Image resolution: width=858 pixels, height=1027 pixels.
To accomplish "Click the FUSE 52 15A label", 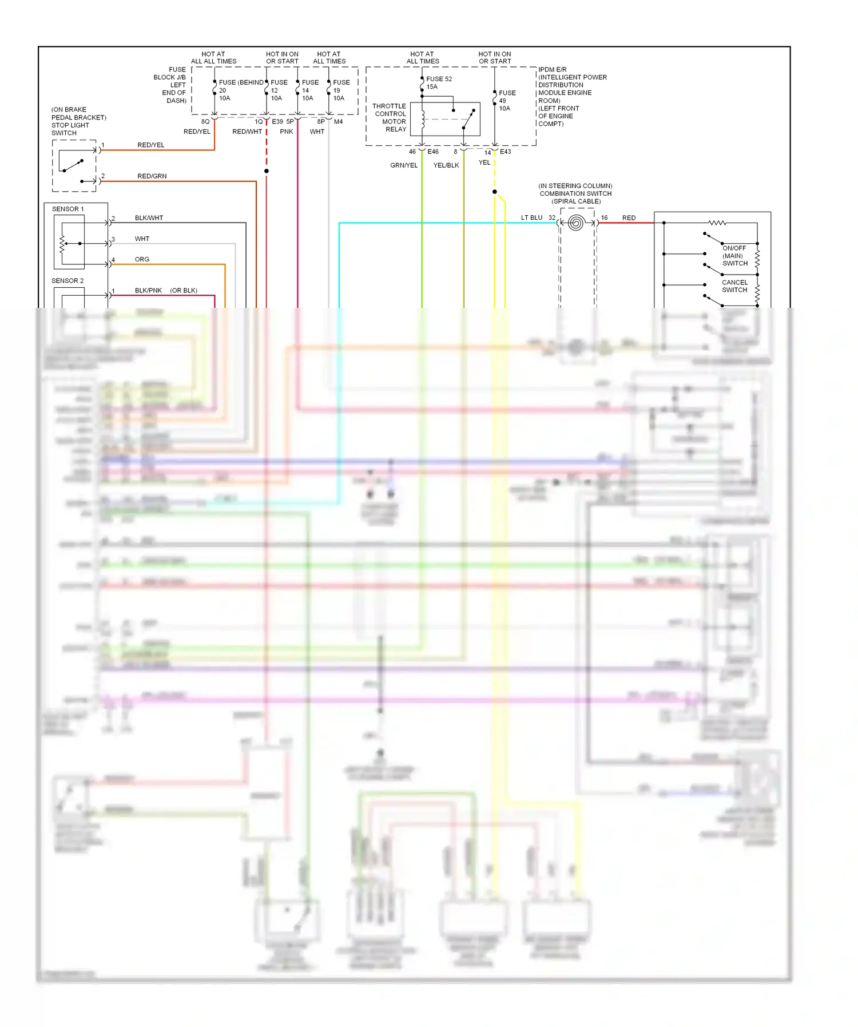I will [x=438, y=83].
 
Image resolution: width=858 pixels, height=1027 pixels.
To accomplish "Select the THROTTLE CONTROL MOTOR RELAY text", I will [x=390, y=118].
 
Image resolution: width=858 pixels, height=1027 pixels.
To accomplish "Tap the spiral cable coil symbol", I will [x=576, y=223].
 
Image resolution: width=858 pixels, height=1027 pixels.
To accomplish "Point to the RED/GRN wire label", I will [x=152, y=176].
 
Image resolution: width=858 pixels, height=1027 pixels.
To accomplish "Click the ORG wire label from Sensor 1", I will [x=142, y=260].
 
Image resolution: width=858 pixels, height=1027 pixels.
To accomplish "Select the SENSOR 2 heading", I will [x=67, y=281].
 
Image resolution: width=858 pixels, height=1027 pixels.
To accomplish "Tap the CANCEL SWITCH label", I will [x=734, y=286].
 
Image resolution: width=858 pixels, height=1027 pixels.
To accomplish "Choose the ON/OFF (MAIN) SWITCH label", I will [x=734, y=256].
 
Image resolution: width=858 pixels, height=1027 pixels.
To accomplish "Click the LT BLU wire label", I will [x=531, y=218].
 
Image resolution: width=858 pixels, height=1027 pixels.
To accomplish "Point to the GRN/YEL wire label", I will [x=404, y=165].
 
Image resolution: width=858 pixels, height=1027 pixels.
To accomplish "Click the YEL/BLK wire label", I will [x=446, y=165].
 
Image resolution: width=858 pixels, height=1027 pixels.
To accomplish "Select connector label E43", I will [x=505, y=152].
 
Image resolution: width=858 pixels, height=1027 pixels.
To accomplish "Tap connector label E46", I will [x=433, y=152].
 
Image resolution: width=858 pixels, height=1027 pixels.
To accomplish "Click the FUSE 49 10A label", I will [x=507, y=101].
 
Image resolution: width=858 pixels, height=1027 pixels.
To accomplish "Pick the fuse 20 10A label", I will [x=224, y=94].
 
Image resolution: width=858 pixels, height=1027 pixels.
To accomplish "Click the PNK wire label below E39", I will [x=287, y=132].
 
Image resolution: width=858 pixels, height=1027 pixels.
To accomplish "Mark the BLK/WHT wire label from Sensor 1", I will [x=149, y=218].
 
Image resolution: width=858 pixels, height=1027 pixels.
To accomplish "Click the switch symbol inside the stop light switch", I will [x=73, y=165].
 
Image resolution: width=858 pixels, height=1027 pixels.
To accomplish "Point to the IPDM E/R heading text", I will [x=552, y=70].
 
